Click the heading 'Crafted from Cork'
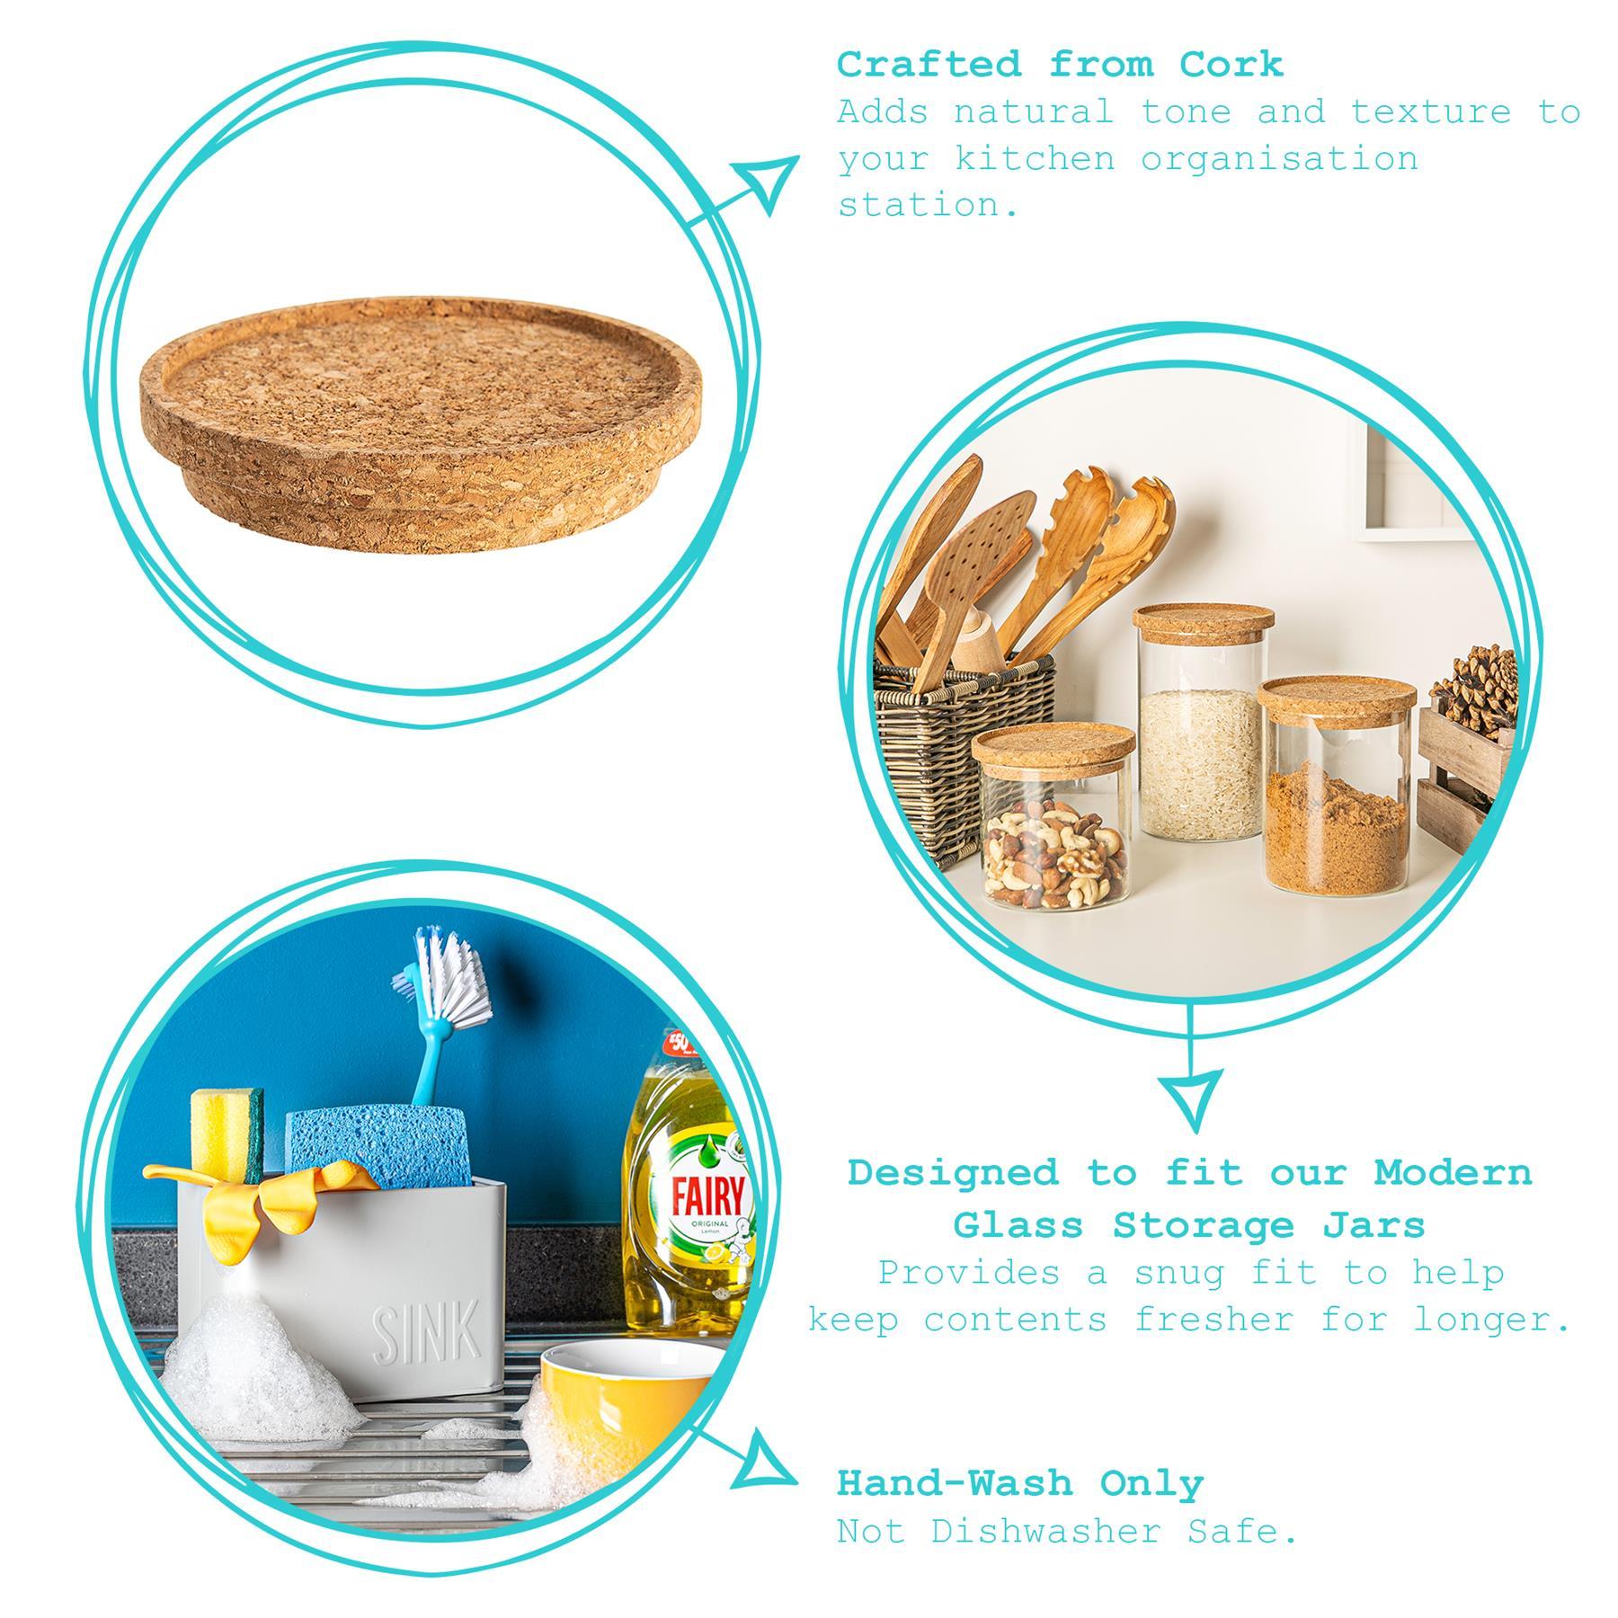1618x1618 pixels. pos(1060,65)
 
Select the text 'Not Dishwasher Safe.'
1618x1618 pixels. pos(1067,1531)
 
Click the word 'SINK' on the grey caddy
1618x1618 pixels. pos(426,1335)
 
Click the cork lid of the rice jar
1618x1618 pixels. pos(1203,620)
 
